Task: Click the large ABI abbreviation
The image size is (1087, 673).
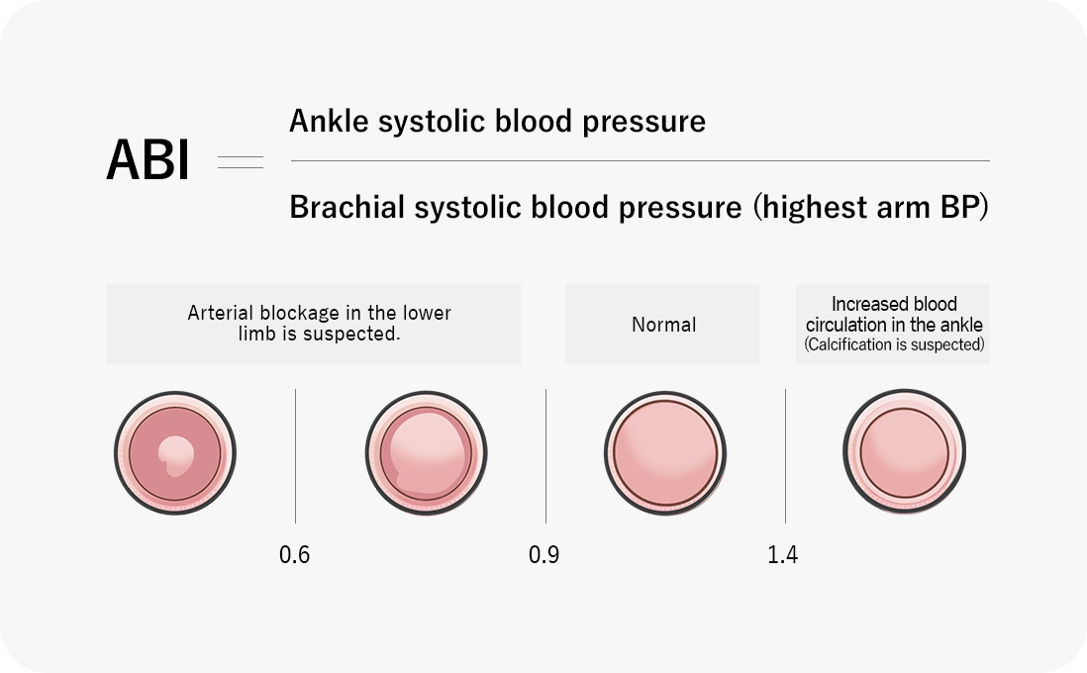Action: [x=147, y=160]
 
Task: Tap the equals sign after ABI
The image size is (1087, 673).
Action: [x=241, y=162]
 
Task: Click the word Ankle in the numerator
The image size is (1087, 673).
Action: [x=329, y=121]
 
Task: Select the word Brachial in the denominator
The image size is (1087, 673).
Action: [x=346, y=207]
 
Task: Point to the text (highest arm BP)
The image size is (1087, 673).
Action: [x=871, y=207]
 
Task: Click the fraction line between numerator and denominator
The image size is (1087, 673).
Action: [x=640, y=160]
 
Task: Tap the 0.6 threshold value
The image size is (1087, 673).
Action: [x=295, y=554]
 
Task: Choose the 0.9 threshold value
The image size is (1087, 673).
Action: [x=544, y=554]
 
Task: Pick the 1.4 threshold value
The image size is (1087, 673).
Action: [x=783, y=554]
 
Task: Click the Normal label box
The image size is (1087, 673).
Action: [x=662, y=324]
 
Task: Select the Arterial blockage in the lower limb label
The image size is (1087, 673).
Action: [x=319, y=323]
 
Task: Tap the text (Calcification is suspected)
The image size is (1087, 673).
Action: [x=894, y=344]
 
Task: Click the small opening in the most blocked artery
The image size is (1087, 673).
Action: [x=176, y=455]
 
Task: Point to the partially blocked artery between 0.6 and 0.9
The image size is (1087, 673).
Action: [x=426, y=452]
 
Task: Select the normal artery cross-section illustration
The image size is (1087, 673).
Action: [x=665, y=452]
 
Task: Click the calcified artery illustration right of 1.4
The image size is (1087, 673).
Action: [x=904, y=452]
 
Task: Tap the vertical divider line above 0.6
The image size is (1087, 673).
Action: [x=295, y=456]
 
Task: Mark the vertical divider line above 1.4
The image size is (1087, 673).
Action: [x=785, y=456]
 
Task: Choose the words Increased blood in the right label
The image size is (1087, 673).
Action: [x=894, y=304]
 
